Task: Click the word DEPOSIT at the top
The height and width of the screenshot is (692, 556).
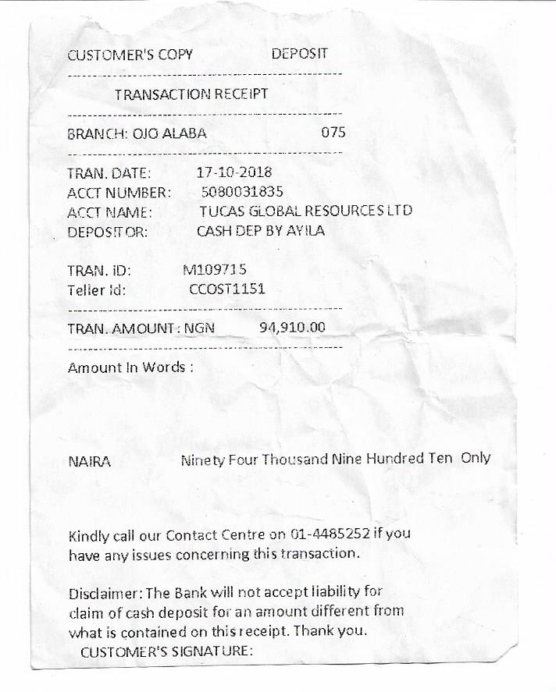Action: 299,54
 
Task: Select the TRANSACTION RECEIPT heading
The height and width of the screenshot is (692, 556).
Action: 191,94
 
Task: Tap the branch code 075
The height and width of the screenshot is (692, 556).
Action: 333,133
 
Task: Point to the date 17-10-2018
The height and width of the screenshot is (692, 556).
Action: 234,172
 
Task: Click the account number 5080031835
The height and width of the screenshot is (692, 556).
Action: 242,191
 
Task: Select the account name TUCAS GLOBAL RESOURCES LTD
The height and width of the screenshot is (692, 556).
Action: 305,211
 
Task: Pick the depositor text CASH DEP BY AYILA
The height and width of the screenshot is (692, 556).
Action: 260,231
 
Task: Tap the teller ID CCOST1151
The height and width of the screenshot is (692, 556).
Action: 227,289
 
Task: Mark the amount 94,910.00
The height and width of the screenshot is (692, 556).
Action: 291,327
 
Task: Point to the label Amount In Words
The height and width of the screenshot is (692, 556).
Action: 129,367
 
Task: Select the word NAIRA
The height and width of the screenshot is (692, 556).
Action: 89,462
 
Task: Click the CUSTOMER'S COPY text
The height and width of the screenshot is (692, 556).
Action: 130,55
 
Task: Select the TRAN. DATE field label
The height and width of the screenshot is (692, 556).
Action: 109,173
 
